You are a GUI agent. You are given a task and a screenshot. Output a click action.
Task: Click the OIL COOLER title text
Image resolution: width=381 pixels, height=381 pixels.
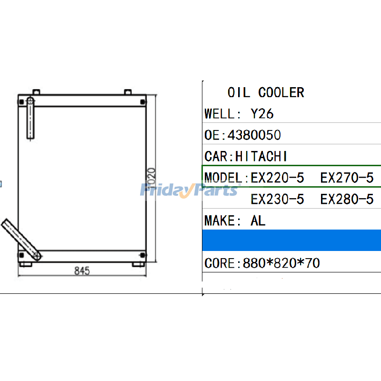click(266, 92)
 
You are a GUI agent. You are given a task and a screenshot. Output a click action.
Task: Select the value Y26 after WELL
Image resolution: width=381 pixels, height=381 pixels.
click(262, 114)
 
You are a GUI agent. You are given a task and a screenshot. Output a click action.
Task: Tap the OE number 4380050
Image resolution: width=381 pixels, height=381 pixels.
click(254, 135)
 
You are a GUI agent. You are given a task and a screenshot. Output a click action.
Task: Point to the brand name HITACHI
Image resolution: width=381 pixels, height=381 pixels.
click(261, 156)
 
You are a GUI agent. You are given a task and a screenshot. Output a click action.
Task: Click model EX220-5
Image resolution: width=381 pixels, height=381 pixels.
click(277, 178)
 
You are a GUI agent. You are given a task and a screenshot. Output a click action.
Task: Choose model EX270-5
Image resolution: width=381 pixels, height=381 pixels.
click(347, 178)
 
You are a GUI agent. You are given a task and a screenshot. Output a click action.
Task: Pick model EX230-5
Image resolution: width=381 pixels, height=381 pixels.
click(277, 199)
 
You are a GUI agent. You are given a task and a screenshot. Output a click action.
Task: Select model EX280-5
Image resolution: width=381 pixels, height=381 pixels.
click(347, 199)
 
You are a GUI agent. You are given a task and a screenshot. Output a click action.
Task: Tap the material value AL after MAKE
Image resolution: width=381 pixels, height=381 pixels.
click(258, 221)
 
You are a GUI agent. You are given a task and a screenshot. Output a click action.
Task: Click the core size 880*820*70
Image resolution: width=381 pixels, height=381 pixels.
click(281, 263)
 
